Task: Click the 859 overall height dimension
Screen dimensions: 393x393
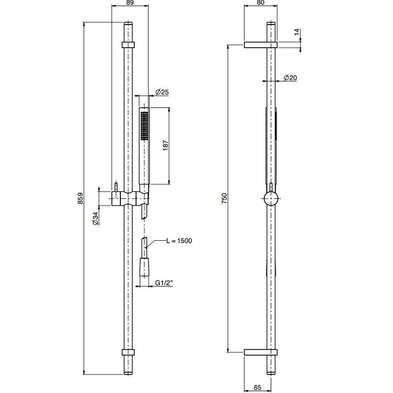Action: (80, 198)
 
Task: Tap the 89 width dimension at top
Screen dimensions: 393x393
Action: (130, 2)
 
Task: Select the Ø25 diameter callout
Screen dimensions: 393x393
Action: (162, 92)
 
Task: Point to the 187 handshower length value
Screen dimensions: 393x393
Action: (166, 145)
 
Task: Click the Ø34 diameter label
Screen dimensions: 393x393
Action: (96, 219)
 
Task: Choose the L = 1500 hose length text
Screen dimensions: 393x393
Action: (179, 241)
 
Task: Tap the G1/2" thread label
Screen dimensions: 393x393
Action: (164, 283)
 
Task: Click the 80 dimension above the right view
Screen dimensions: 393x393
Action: (261, 2)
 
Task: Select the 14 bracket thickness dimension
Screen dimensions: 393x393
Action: (297, 32)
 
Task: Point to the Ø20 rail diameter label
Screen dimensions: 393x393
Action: (290, 78)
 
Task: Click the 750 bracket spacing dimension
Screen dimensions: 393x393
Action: (225, 198)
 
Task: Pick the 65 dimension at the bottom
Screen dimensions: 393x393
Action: (257, 388)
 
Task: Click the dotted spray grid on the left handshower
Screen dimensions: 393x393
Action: (144, 126)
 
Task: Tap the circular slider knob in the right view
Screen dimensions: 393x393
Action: (271, 198)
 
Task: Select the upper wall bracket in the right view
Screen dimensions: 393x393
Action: (261, 45)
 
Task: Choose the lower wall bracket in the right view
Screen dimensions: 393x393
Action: (261, 352)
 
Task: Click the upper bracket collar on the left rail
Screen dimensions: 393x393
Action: (128, 45)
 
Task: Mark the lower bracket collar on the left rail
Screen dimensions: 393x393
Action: (128, 352)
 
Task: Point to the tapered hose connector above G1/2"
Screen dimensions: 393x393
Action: (144, 267)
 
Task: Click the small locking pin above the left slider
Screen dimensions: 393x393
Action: (116, 187)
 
